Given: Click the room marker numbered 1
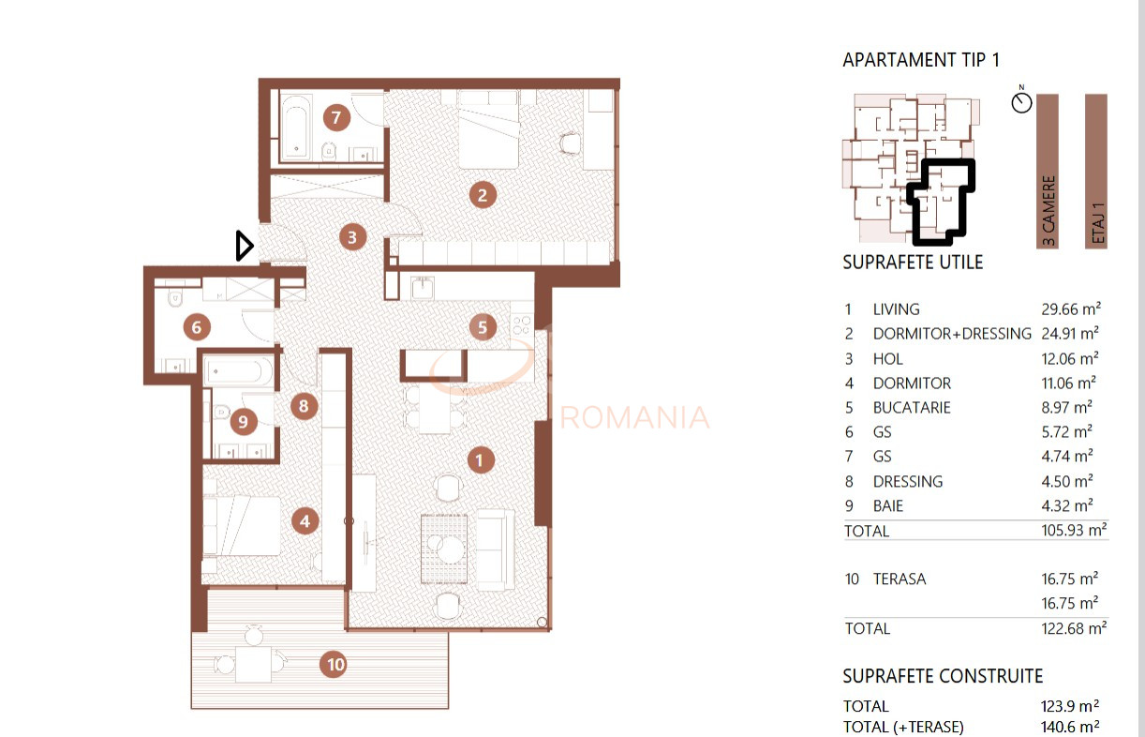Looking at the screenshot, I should click(x=479, y=459).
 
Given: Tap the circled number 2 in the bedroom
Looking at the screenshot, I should click(x=482, y=195).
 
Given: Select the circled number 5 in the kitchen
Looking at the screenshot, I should click(x=483, y=326).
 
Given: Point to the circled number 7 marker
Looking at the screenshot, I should click(x=335, y=118).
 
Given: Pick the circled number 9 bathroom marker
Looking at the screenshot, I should click(x=243, y=422).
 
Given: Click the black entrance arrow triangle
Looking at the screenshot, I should click(x=244, y=246).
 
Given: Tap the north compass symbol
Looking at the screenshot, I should click(x=1021, y=101).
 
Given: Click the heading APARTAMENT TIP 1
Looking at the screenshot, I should click(x=921, y=60).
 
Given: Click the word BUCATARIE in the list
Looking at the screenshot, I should click(x=912, y=408).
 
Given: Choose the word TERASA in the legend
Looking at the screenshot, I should click(x=899, y=579).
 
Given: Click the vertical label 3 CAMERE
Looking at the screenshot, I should click(x=1048, y=211).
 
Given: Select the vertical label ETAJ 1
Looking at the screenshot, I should click(x=1097, y=223).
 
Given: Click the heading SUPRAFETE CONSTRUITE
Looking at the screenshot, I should click(x=943, y=676).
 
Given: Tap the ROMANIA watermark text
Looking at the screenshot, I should click(x=634, y=416).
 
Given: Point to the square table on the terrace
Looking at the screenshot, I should click(x=252, y=665).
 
